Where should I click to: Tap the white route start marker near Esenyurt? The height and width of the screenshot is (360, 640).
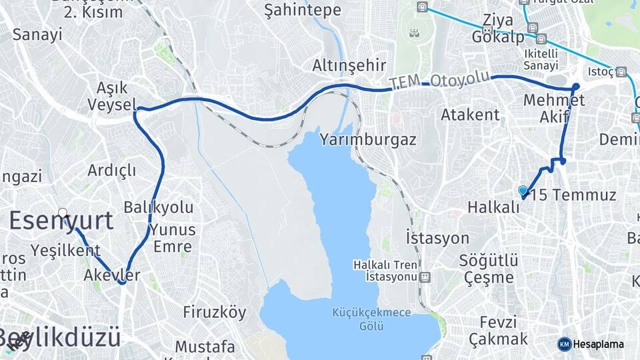(62, 213)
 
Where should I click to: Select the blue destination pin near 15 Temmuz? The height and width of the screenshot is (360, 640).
(523, 191)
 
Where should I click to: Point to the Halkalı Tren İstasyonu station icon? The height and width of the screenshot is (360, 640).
(425, 276)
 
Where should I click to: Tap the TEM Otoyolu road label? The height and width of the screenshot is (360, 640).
(440, 81)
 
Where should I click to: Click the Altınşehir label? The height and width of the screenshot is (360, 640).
(349, 65)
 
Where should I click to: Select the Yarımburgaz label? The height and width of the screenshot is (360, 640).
(368, 140)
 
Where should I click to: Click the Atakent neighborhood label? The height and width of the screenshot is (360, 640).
(470, 115)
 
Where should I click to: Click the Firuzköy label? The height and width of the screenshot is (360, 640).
(215, 312)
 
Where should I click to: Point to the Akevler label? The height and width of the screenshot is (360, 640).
(113, 275)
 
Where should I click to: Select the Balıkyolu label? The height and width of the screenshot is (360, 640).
(159, 207)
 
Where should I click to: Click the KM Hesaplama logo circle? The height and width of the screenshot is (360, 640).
(564, 344)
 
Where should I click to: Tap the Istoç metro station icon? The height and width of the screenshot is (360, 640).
(621, 71)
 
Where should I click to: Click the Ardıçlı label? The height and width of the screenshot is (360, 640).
(112, 170)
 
